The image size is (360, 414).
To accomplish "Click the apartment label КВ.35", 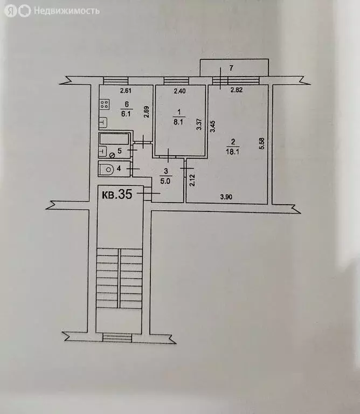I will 116,195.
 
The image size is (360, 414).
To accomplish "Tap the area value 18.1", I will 232,153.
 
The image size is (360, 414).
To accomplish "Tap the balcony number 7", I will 231,68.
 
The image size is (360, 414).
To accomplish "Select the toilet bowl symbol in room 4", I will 108,169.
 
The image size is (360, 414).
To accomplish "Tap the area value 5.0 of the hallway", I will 167,181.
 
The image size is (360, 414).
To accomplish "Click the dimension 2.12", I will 191,178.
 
